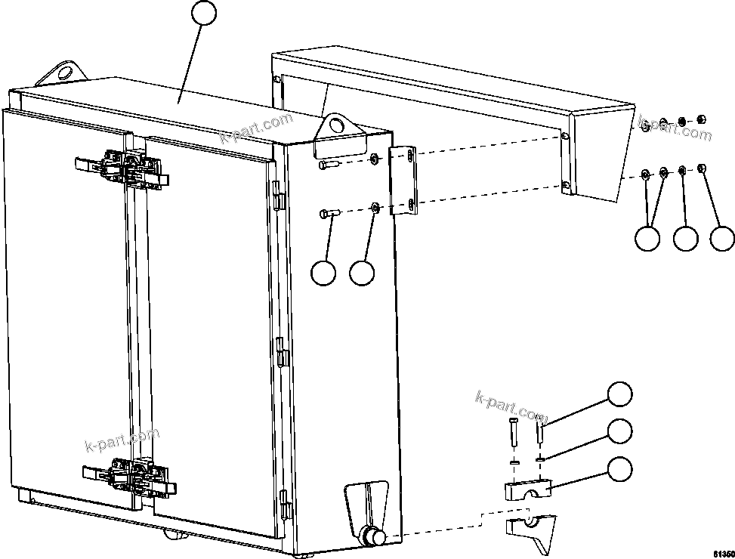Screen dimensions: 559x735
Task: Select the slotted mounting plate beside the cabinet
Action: coord(401,180)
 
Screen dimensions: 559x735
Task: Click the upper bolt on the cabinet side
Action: coord(328,164)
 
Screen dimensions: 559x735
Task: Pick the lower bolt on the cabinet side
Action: coord(329,215)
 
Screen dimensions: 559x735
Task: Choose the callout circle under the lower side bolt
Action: coord(323,273)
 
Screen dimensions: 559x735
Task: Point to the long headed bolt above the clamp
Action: coord(513,434)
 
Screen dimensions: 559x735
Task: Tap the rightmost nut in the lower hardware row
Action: coord(702,168)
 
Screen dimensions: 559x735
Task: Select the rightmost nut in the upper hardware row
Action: coord(700,119)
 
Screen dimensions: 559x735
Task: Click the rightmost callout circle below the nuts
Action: coord(722,238)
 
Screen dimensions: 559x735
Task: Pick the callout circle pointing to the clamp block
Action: coord(620,468)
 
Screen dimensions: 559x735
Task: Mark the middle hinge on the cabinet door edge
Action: coord(281,351)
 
